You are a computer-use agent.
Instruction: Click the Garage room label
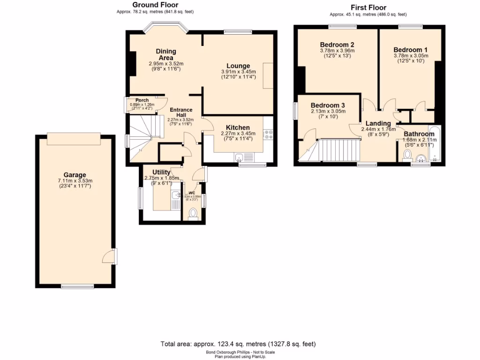point(75,175)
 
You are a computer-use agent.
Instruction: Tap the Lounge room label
point(238,66)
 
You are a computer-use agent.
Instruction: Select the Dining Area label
point(166,54)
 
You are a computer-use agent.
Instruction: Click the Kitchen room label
point(238,127)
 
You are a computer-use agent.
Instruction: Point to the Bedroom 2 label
point(337,45)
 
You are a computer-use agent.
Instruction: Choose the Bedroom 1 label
point(410,50)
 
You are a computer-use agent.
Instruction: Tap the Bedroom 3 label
point(328,105)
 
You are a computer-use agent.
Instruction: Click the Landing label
point(378,123)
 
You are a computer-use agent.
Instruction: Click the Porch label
point(142,100)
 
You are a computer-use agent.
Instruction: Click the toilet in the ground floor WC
point(193,214)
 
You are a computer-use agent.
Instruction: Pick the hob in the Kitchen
point(269,135)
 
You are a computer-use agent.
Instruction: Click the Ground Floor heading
point(155,5)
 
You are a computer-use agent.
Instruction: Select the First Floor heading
point(368,7)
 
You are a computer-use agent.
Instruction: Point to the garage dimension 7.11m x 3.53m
point(75,181)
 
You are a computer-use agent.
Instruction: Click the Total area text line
point(239,344)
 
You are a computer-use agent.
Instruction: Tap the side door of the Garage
point(109,257)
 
